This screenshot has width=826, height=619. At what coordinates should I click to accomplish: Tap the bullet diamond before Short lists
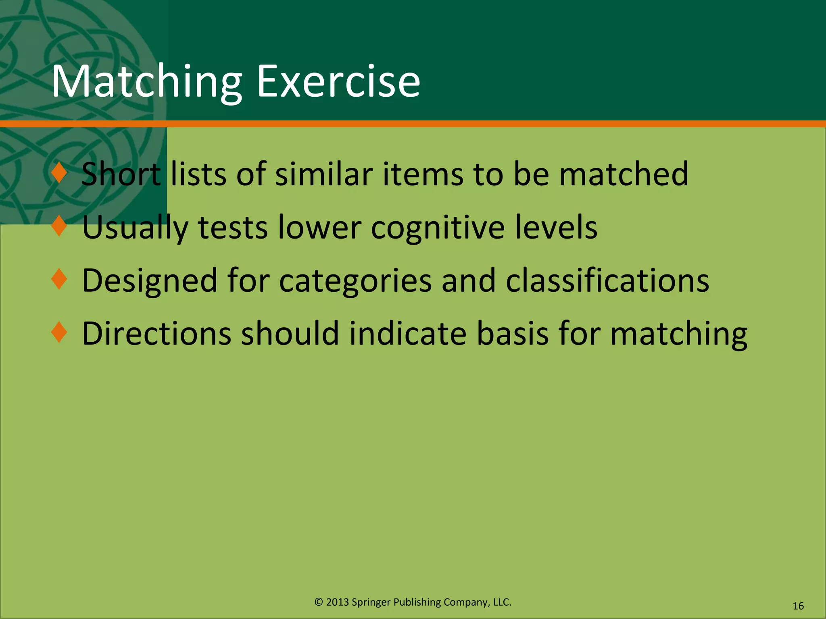(59, 173)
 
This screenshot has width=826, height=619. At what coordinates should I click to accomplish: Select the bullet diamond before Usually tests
(59, 226)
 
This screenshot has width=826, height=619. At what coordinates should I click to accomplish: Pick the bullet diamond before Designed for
(59, 279)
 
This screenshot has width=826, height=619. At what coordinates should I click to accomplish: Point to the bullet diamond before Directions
(59, 332)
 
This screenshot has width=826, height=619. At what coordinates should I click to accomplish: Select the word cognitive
(438, 228)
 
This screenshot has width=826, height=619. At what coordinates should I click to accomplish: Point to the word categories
(355, 281)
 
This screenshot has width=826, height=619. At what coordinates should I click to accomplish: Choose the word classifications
(607, 280)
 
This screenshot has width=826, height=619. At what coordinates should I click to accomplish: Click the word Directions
(156, 334)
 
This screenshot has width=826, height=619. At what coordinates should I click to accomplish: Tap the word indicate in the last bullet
(408, 334)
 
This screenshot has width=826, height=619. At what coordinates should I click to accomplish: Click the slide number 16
(798, 606)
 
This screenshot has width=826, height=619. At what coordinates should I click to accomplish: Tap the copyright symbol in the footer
(319, 602)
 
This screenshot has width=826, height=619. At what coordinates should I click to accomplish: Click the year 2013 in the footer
(337, 602)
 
